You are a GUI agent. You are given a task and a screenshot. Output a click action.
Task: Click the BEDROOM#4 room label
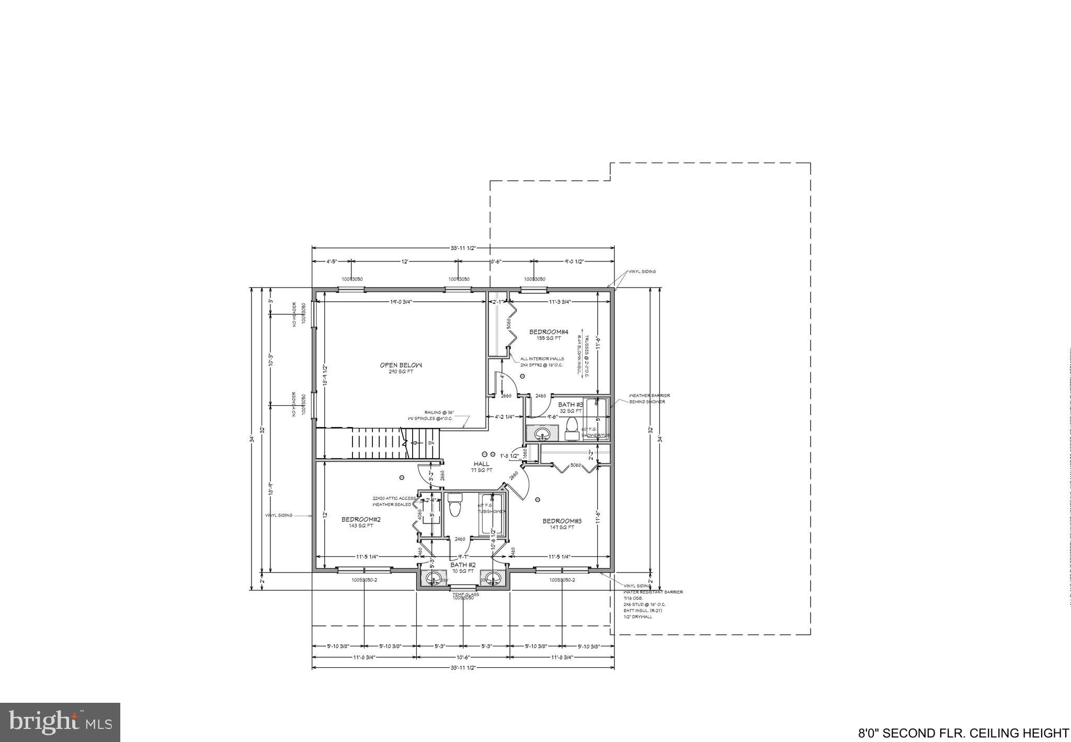click(x=549, y=332)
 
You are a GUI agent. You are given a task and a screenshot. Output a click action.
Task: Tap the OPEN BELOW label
click(x=401, y=365)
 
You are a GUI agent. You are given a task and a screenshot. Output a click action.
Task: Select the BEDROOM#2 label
click(x=361, y=519)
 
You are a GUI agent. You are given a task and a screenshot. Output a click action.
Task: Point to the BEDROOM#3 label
click(x=562, y=521)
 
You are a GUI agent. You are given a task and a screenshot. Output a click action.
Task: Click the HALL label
click(x=482, y=464)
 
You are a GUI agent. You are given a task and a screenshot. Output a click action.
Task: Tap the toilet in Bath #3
click(x=573, y=425)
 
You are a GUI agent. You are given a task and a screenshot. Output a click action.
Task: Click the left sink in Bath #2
click(x=434, y=579)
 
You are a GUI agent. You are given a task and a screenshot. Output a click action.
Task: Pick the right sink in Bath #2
click(x=493, y=579)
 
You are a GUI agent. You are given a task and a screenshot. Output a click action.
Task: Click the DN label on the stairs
click(x=431, y=443)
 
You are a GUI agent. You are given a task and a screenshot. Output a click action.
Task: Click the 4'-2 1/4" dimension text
click(x=505, y=417)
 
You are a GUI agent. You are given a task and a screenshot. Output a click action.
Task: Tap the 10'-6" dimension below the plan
click(x=463, y=657)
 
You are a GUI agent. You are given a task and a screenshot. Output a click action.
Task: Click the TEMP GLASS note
click(x=465, y=594)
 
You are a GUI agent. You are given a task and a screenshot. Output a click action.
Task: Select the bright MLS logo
click(x=60, y=723)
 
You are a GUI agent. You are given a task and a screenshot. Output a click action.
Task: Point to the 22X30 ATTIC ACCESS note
click(x=394, y=498)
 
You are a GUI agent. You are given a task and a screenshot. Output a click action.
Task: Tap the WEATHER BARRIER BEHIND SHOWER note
click(x=649, y=398)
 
